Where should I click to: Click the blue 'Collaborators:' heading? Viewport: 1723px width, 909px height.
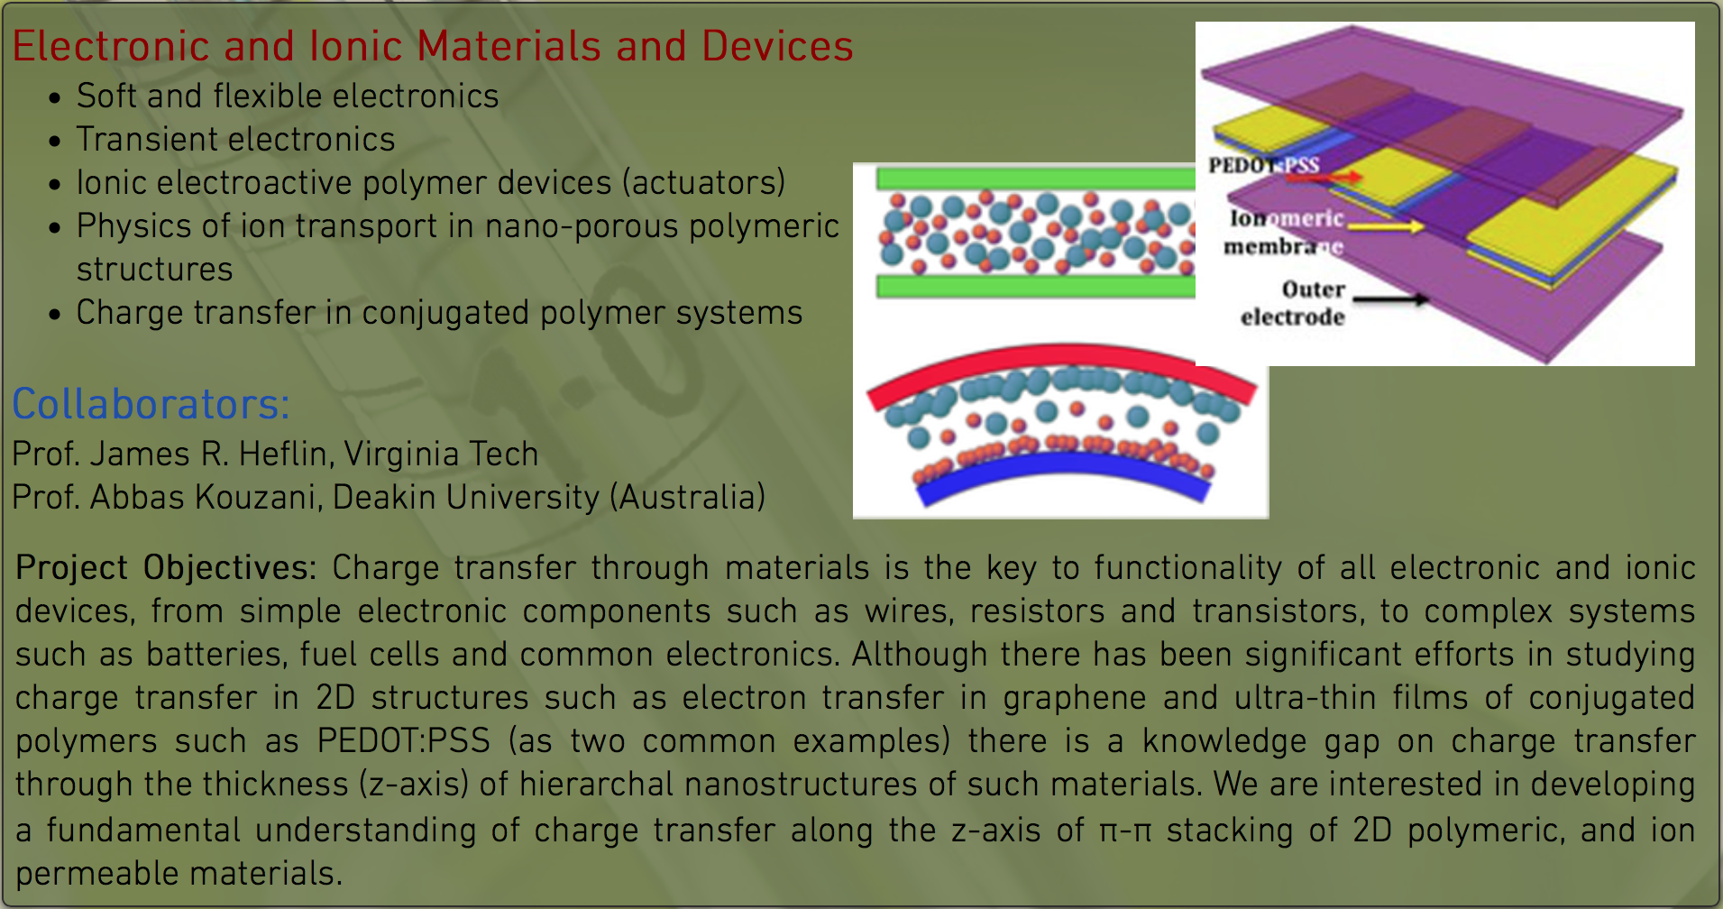tap(151, 404)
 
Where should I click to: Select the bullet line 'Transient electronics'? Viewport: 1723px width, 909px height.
tap(235, 140)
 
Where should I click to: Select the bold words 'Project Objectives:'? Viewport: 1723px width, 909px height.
tap(166, 568)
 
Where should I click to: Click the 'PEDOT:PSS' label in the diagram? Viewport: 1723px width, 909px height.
tap(1263, 165)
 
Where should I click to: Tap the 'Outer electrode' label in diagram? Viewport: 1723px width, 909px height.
tap(1293, 303)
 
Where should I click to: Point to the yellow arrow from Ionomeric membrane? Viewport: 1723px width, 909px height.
tap(1385, 226)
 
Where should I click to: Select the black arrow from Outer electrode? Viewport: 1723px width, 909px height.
tap(1390, 298)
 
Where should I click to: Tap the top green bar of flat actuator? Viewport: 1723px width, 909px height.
tap(1036, 178)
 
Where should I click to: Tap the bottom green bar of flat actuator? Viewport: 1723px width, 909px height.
tap(1036, 287)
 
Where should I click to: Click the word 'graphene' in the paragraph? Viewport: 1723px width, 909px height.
tap(1075, 698)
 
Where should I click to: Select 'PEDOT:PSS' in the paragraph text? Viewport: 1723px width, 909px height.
tap(404, 740)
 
